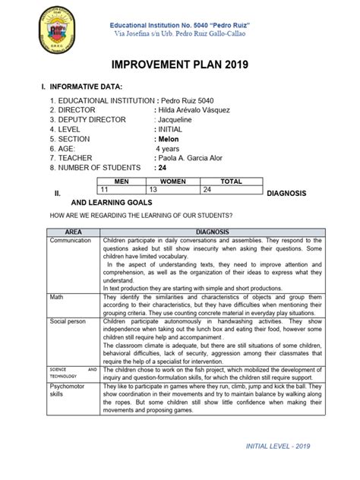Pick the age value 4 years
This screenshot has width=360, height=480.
pos(171,149)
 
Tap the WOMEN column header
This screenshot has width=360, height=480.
pos(172,182)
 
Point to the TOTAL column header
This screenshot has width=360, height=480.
pos(231,182)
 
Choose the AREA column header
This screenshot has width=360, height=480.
pos(74,230)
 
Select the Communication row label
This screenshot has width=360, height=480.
pos(70,238)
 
